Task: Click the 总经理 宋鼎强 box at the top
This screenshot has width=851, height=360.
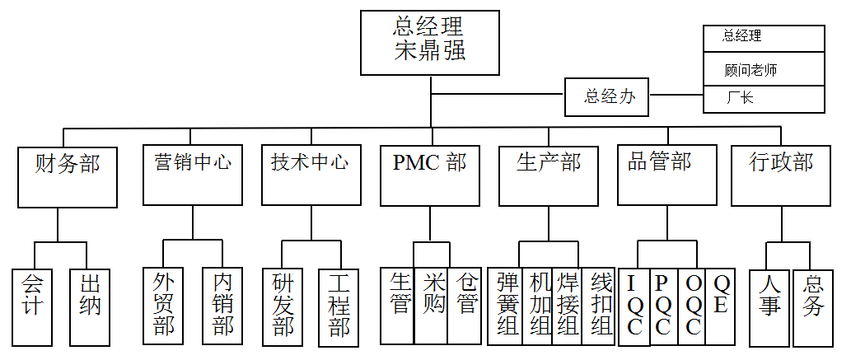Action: pos(430,42)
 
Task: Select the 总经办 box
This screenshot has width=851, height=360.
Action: pos(607,96)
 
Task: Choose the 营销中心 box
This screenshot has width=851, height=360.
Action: pos(192,176)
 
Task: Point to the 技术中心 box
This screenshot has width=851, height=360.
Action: pos(311,176)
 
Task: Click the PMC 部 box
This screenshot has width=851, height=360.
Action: pos(429,176)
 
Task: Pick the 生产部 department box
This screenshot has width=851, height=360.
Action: pos(548,176)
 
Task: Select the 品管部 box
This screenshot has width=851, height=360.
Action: pos(666,176)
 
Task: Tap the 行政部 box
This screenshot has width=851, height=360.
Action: pos(780,176)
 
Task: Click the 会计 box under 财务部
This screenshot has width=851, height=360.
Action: pos(33,306)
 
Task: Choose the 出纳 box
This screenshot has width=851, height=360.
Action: pos(90,306)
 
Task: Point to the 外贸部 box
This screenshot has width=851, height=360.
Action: pos(163,306)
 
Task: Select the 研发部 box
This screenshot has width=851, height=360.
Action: pos(283,306)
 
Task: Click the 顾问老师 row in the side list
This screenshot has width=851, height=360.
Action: pos(764,70)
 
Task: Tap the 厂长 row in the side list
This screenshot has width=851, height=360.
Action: pos(764,99)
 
